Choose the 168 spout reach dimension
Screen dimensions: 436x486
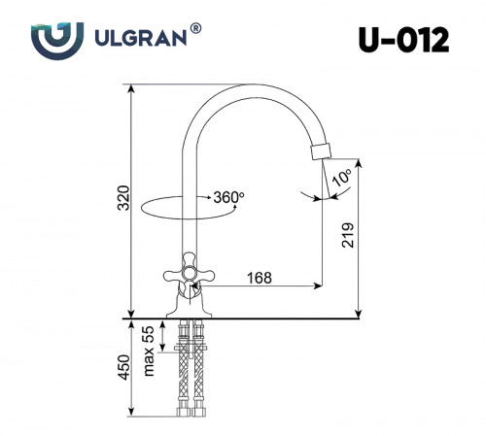(x=257, y=278)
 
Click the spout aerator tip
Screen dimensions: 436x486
(x=321, y=151)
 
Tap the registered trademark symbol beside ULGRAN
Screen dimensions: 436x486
(x=196, y=29)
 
